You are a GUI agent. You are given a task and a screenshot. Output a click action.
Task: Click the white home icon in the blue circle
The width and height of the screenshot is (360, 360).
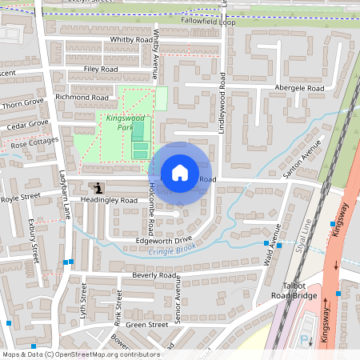(180, 173)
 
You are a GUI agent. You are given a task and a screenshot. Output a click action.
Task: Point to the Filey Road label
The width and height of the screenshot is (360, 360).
(100, 70)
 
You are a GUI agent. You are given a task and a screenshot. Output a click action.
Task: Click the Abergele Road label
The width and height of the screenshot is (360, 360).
(299, 88)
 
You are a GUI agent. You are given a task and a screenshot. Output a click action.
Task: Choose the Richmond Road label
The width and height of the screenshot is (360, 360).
(82, 98)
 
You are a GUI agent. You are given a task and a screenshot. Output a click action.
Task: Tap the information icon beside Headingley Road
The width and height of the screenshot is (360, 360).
(98, 188)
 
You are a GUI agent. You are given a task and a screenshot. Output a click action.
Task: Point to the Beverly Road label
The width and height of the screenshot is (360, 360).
(154, 275)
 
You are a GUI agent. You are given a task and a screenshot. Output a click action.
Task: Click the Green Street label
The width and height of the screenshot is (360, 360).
(146, 325)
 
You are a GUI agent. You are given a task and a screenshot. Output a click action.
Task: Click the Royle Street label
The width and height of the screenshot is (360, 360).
(20, 198)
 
